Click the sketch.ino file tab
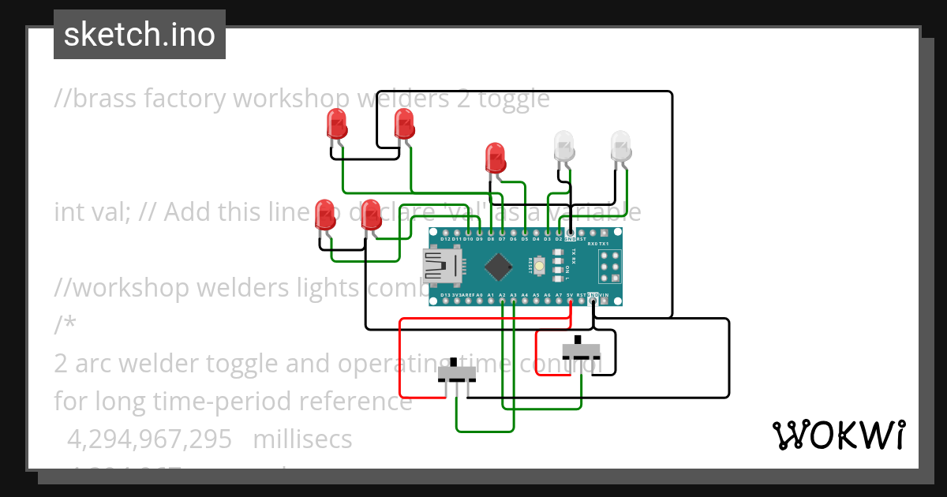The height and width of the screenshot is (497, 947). coord(140,35)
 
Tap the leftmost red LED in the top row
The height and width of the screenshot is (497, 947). coord(337,125)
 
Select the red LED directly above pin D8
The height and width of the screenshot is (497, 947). coord(495,157)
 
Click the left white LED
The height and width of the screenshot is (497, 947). coord(564,145)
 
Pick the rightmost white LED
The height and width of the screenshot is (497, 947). coord(621,145)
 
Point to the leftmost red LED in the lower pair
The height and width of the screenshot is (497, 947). coord(324,215)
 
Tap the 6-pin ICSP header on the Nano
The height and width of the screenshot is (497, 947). coord(609,267)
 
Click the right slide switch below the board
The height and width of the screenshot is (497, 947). coord(581,349)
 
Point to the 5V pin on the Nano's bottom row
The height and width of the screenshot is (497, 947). coord(569,301)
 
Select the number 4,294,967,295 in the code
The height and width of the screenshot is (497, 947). coord(149,439)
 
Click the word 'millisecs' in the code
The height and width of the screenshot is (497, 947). coord(302,439)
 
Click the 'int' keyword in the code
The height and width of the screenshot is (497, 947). coord(67,212)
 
